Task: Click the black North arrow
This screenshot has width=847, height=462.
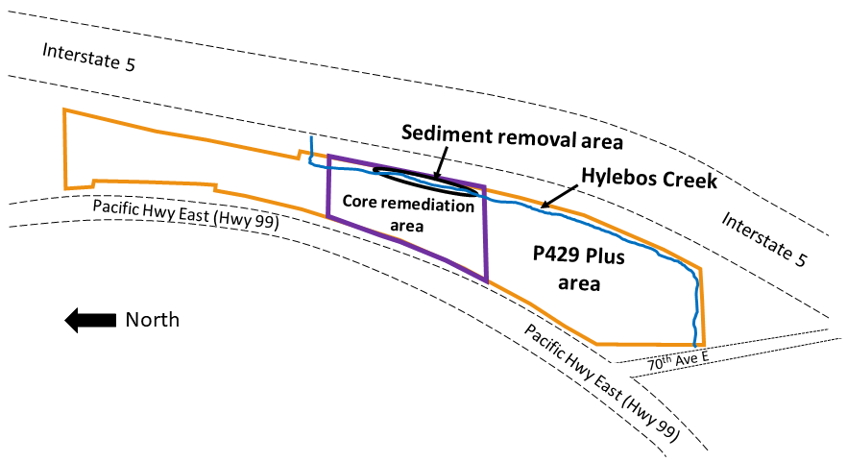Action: click(88, 321)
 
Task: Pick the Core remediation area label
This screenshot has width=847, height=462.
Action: click(409, 215)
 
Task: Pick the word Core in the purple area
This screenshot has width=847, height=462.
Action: click(360, 204)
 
